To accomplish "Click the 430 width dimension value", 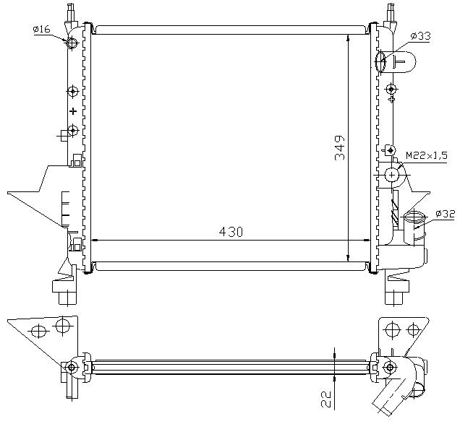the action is pos(231,232).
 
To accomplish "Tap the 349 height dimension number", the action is pos(340,147).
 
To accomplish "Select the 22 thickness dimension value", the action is pos(326,399).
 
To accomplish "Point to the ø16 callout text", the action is pos(42,29).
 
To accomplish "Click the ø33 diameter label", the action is pos(420,36).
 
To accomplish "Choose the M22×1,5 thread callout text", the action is pos(427,155).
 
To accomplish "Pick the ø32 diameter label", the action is pos(445,214).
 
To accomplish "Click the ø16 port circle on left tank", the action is pos(72,43).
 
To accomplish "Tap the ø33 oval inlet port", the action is pos(380,61).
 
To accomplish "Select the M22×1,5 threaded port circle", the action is pos(391,175).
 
